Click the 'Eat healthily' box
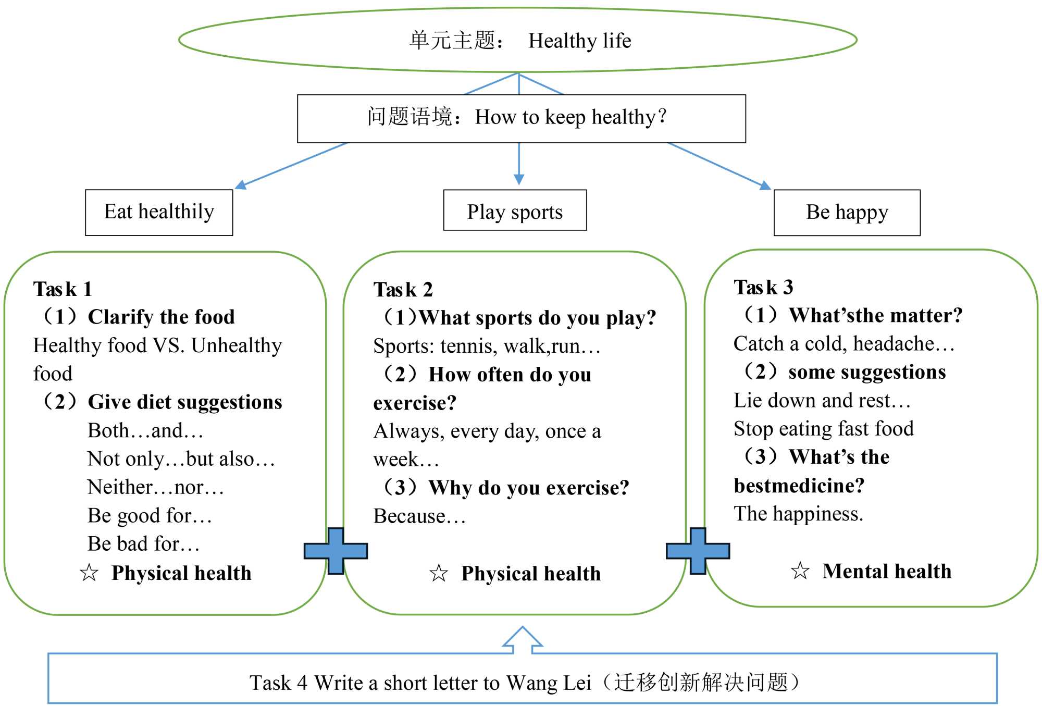159,213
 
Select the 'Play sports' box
515,210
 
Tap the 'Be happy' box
847,213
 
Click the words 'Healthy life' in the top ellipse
580,41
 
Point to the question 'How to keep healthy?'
571,117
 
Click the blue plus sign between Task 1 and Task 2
336,551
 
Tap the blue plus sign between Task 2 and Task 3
698,551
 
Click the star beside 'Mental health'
800,571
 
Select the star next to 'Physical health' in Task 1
89,573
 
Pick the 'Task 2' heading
403,290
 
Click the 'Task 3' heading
763,287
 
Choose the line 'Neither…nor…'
156,487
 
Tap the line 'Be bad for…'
144,544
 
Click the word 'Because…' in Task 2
419,516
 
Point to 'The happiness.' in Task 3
798,514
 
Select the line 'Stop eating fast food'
824,429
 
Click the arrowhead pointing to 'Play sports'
519,179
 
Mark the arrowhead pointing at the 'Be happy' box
765,185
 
